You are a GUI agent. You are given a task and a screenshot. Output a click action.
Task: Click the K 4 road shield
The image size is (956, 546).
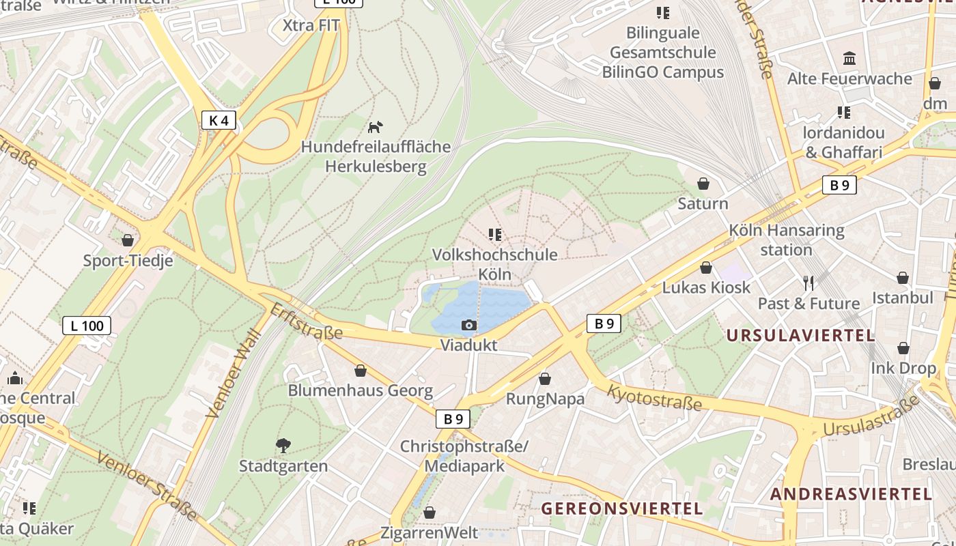coord(219,121)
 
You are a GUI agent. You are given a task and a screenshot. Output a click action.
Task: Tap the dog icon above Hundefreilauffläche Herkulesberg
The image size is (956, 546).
coord(376,127)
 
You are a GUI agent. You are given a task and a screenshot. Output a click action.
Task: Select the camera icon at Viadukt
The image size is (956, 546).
coord(468,325)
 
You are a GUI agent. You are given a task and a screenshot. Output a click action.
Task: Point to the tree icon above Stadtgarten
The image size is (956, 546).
coord(283,446)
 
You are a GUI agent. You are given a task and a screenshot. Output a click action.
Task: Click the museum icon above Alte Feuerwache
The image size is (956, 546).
coord(849,59)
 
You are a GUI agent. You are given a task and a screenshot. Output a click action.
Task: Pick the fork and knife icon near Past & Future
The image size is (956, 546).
coord(809,283)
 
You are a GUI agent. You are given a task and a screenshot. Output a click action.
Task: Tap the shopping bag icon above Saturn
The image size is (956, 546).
coord(703,184)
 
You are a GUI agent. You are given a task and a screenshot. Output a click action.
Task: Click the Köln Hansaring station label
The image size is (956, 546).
coord(787,240)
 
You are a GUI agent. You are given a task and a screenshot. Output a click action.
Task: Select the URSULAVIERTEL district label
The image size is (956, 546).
coord(800,335)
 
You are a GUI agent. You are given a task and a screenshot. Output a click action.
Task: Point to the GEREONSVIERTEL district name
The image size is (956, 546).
coord(621,508)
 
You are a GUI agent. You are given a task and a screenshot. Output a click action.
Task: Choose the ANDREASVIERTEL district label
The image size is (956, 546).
coord(851,494)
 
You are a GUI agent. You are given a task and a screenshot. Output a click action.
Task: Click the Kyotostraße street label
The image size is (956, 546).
coord(654,397)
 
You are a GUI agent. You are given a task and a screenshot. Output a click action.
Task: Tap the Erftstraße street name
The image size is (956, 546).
coord(306,321)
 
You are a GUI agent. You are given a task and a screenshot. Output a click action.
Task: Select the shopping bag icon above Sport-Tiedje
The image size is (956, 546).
coord(128,240)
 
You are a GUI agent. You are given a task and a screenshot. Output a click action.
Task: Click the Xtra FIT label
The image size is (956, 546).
coord(311,25)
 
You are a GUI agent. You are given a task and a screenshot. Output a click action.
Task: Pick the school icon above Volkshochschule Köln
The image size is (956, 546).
coord(495,235)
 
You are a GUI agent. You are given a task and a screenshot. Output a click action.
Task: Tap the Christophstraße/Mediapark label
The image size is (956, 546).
coord(464,456)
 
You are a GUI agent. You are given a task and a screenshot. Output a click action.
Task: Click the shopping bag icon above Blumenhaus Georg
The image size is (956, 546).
coord(360,371)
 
